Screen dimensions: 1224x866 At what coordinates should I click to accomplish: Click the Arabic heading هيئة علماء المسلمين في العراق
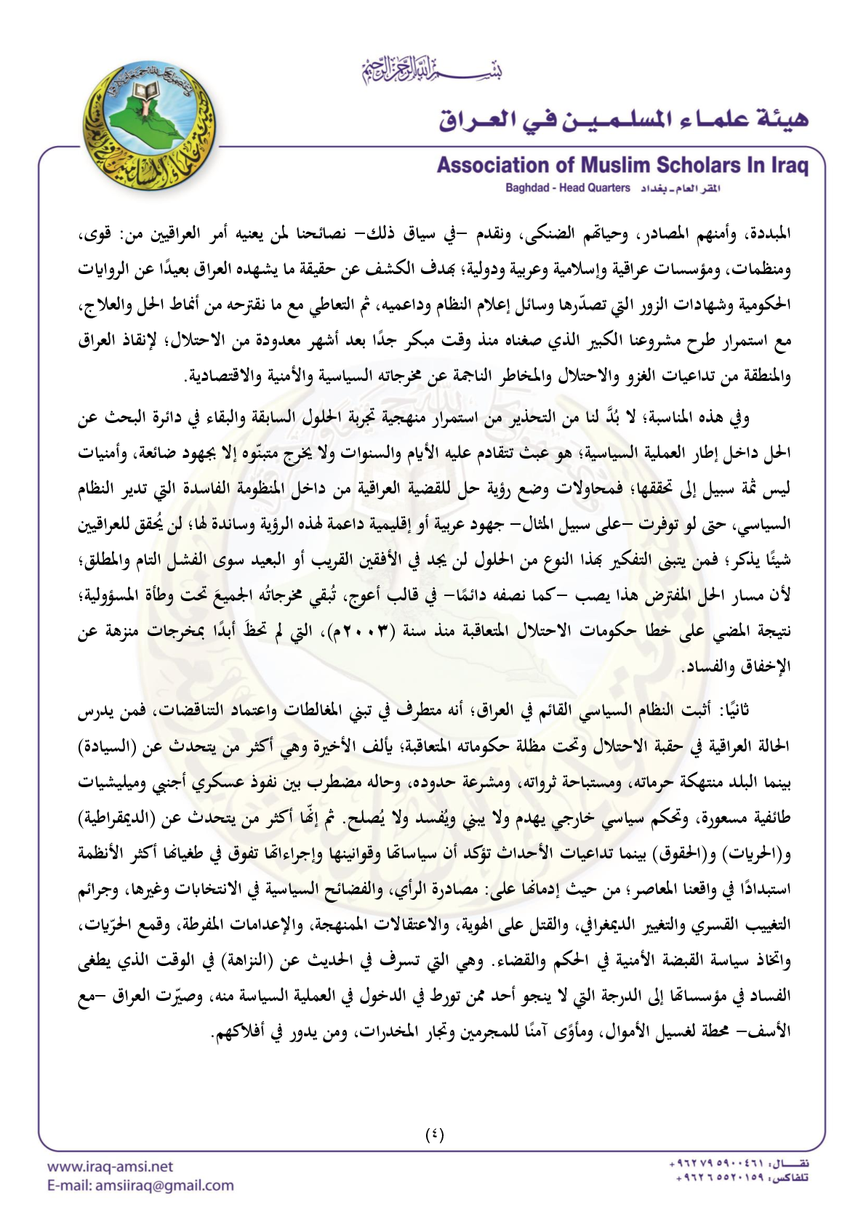623,118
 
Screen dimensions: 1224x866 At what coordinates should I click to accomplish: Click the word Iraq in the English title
790,166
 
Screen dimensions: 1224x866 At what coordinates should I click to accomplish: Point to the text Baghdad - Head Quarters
567,188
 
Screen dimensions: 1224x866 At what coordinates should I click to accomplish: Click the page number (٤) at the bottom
434,1134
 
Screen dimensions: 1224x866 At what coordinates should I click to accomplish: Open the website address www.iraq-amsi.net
110,1167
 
